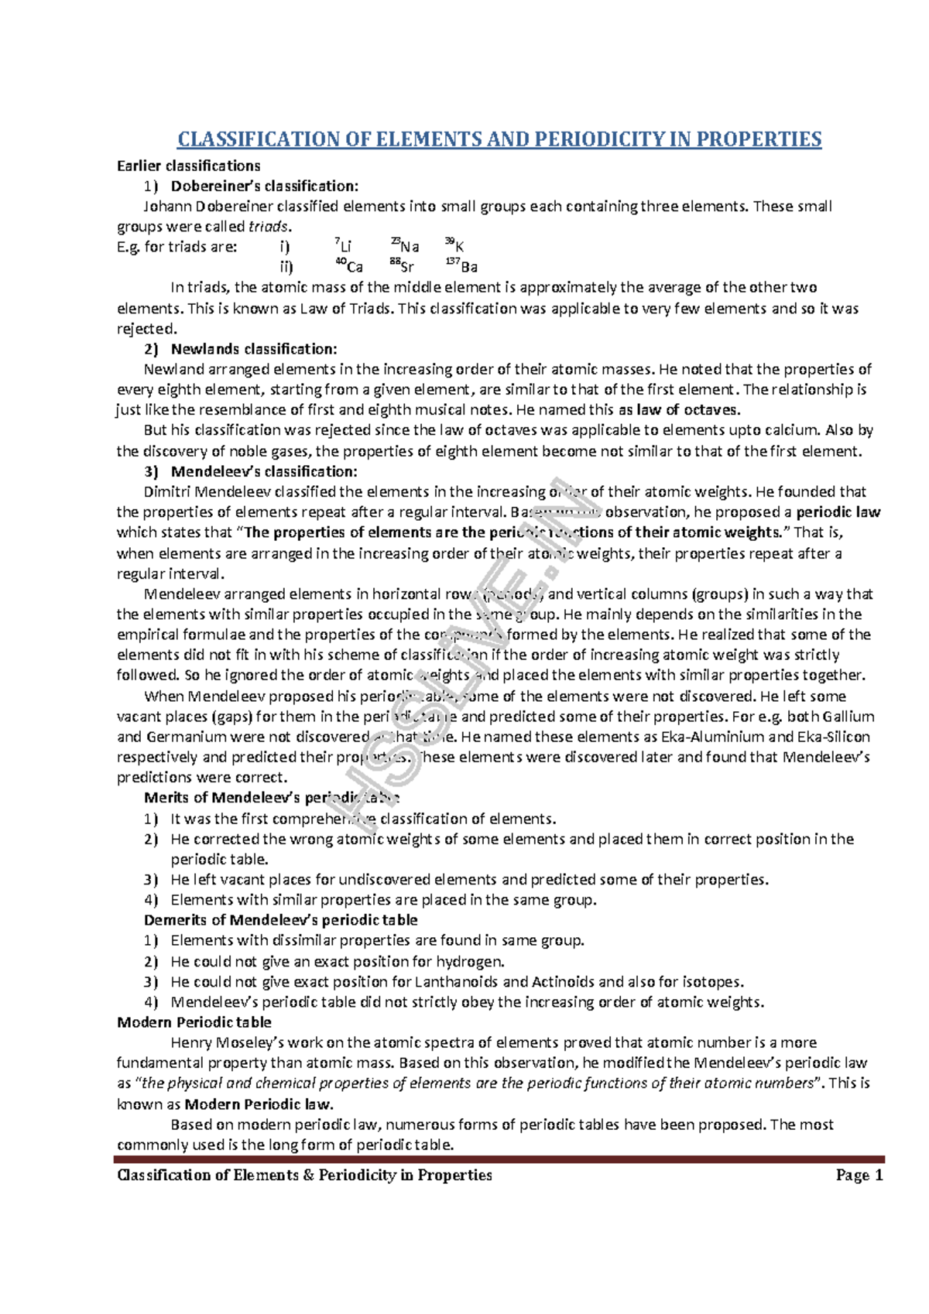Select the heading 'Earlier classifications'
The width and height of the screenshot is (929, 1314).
(x=188, y=166)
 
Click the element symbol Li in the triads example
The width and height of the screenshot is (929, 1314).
(x=345, y=247)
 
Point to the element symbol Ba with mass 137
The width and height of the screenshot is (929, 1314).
(x=468, y=268)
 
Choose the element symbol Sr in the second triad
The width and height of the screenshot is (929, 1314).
(x=406, y=268)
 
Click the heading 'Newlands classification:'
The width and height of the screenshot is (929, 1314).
(x=253, y=349)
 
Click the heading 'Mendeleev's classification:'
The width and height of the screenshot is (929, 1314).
(x=263, y=471)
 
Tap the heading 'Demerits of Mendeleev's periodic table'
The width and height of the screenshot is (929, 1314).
(x=280, y=920)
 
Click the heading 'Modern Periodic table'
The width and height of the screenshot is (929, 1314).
(x=194, y=1022)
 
